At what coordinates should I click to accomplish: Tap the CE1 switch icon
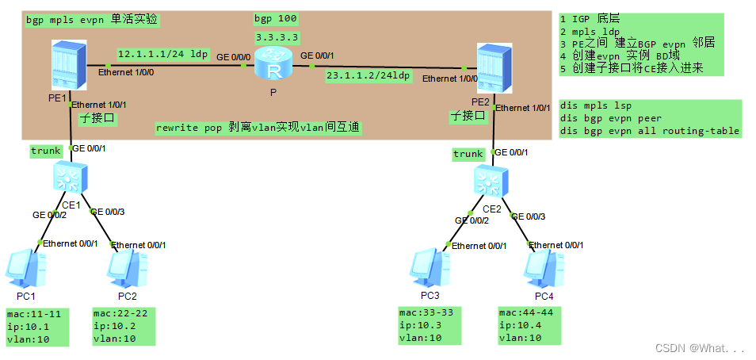(x=69, y=178)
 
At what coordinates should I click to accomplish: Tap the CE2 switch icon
(x=491, y=181)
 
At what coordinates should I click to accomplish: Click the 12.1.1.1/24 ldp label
(x=162, y=54)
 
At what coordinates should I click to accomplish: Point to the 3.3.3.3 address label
(x=277, y=36)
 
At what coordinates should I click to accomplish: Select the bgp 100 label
(x=277, y=17)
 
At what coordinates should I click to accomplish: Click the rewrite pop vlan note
(x=258, y=127)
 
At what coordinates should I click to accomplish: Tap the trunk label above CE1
(x=46, y=150)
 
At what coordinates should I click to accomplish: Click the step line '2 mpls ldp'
(x=590, y=30)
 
